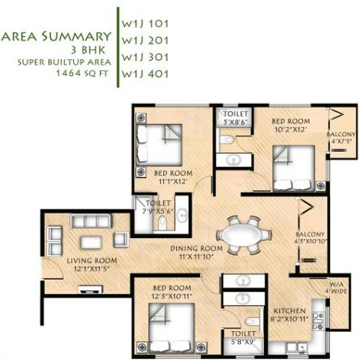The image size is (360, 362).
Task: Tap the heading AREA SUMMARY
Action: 55,35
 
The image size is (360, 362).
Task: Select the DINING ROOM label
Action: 196,249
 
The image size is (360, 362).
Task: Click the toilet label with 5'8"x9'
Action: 242,336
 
